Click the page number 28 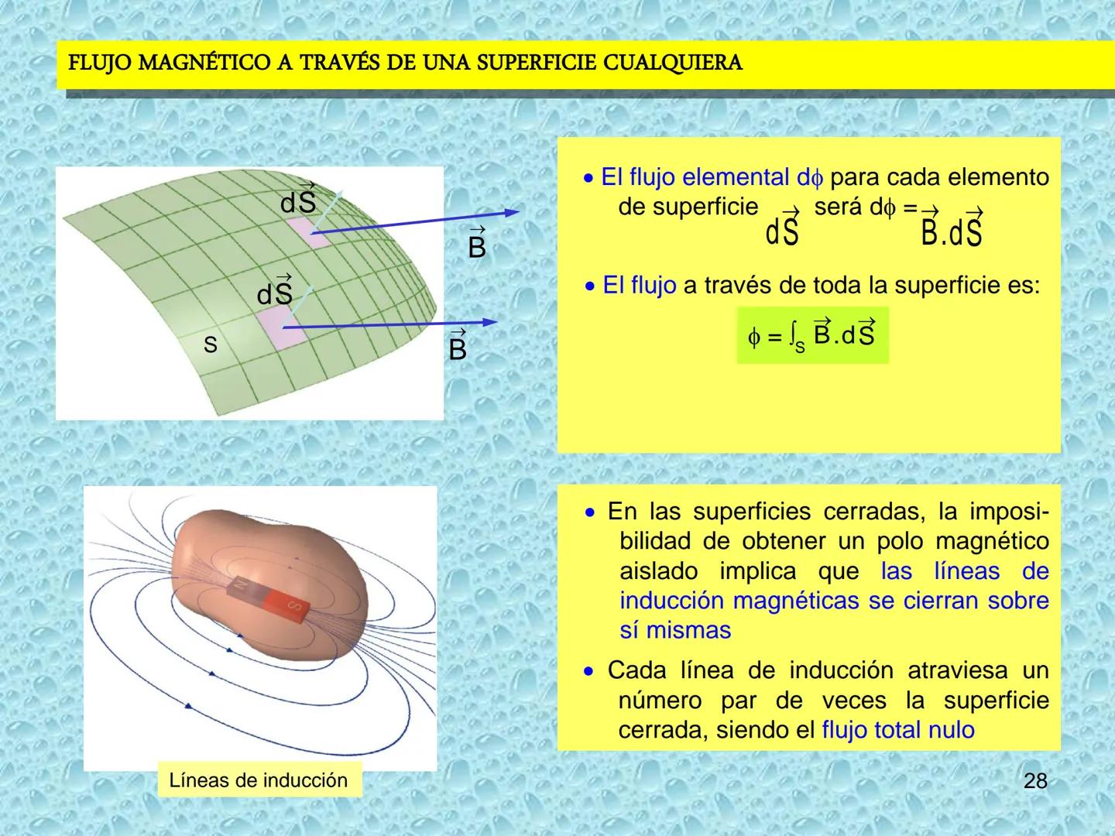[1035, 781]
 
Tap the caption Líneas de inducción [259, 780]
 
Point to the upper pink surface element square [306, 231]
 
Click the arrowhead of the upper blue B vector [511, 212]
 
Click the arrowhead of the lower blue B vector [489, 322]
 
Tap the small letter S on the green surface [210, 345]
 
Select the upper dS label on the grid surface [298, 200]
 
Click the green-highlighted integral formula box [811, 335]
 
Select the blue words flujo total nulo [897, 730]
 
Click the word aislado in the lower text [658, 571]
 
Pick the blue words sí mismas [675, 630]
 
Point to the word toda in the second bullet [835, 286]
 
